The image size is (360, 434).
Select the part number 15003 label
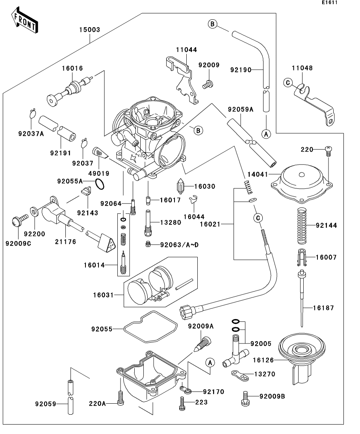click(x=89, y=30)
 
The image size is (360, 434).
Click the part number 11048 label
click(x=302, y=68)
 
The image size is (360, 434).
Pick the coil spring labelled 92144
click(x=301, y=225)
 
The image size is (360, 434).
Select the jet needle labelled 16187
click(x=302, y=299)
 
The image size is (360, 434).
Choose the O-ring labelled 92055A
click(x=100, y=184)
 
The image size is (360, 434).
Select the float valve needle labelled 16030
click(x=181, y=187)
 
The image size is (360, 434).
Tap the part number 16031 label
click(x=104, y=294)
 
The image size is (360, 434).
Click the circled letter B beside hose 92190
click(x=212, y=24)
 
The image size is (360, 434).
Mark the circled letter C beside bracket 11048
click(x=287, y=83)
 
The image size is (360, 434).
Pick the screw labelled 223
click(x=182, y=403)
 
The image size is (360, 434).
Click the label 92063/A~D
click(x=179, y=245)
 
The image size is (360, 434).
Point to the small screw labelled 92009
click(x=207, y=83)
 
